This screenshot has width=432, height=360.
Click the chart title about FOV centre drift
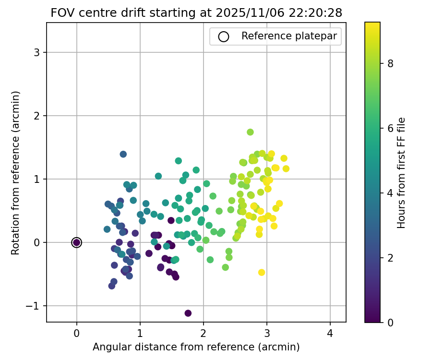[196, 13]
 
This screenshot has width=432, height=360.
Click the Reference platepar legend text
[289, 36]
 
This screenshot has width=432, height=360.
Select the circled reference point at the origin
[77, 242]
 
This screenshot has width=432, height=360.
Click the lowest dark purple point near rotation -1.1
[188, 313]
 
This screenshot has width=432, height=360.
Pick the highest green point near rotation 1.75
[250, 132]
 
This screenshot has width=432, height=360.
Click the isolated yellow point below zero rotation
[262, 272]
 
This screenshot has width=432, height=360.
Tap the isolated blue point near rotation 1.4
[123, 154]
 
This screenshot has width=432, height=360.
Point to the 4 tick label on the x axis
[330, 333]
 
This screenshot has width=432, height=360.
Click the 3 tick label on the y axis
[37, 52]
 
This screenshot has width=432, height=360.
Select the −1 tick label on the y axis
[34, 306]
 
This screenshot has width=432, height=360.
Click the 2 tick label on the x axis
[204, 333]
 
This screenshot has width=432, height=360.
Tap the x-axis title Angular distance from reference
[196, 347]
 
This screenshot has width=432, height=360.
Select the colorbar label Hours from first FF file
[402, 172]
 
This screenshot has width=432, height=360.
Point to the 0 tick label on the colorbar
[391, 322]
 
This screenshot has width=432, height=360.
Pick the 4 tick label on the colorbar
[391, 193]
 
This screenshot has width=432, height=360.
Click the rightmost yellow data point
[286, 168]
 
